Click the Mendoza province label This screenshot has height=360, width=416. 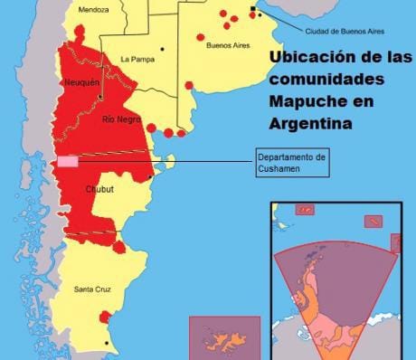(93, 11)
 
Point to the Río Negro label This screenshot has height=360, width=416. (120, 119)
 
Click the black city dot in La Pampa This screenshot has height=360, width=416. (163, 49)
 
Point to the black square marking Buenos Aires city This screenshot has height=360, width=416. (252, 8)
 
